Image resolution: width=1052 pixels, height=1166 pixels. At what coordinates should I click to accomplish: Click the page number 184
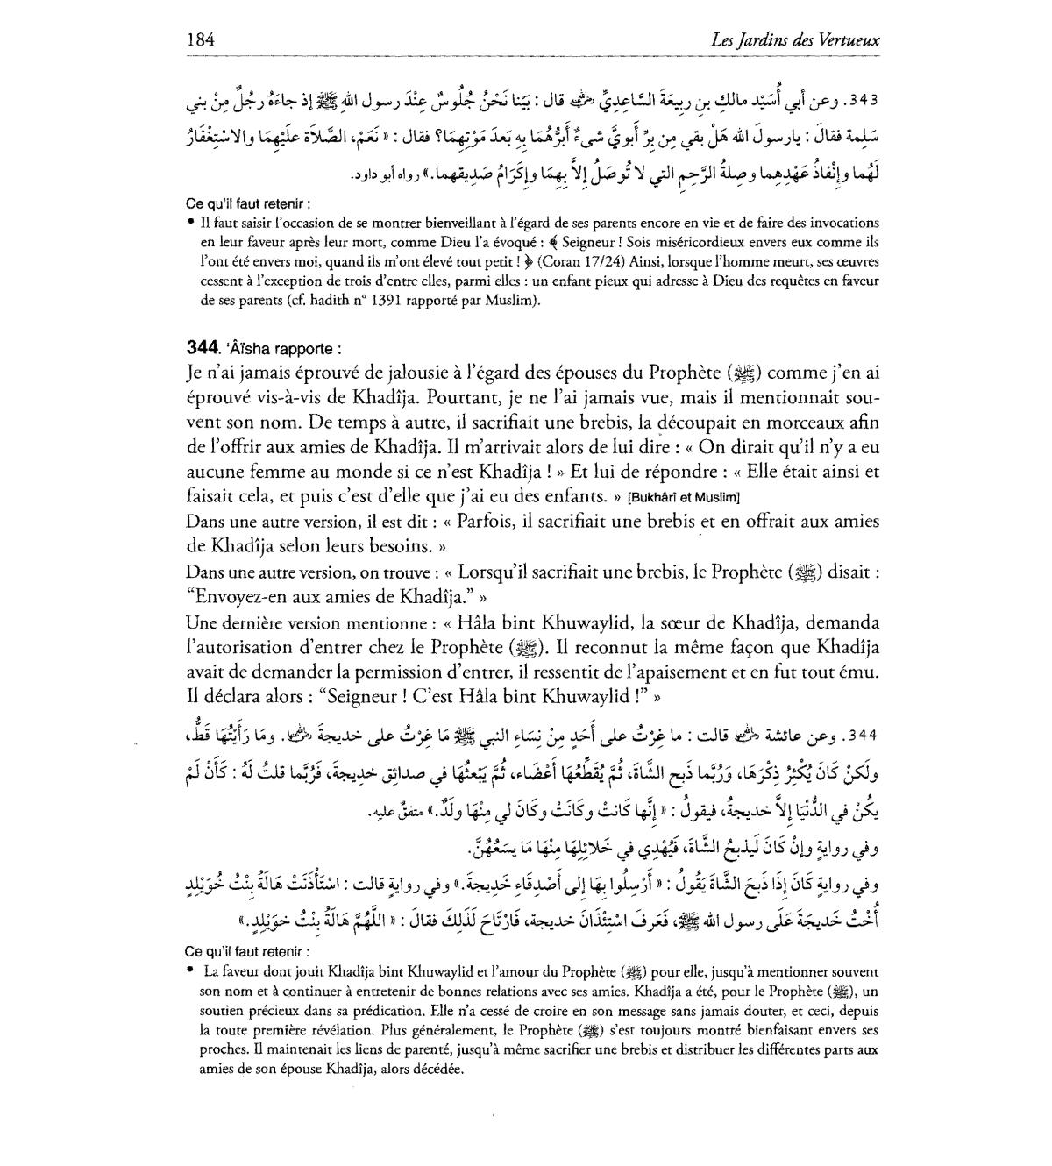[201, 39]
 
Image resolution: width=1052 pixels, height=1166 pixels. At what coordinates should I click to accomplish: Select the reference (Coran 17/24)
[582, 261]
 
